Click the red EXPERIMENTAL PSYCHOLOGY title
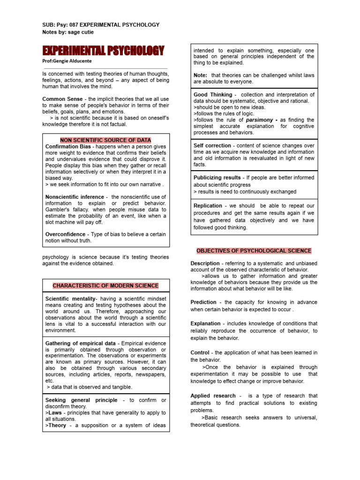104,51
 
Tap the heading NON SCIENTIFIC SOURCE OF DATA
105,140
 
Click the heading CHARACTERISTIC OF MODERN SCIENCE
105,285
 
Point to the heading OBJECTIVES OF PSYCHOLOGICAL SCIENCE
254,251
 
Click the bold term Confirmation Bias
68,147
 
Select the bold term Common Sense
60,99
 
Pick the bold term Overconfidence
65,234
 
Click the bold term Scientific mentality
70,299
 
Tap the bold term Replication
208,206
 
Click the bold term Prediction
203,302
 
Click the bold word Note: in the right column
201,75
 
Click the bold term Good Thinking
213,95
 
